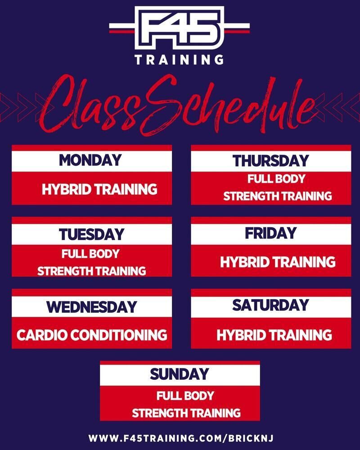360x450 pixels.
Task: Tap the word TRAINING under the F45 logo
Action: coord(180,60)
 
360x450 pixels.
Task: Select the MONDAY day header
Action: coord(90,160)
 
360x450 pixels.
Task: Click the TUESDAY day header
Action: coord(92,234)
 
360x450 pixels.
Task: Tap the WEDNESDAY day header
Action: coord(92,307)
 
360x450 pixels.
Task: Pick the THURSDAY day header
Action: coord(271,161)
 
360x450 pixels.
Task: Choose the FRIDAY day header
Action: coord(271,233)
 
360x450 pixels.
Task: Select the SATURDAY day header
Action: coord(271,305)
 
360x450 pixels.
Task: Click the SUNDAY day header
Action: coord(180,374)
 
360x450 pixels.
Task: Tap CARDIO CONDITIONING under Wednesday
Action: coord(92,335)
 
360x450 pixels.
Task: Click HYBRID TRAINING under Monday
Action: coord(99,189)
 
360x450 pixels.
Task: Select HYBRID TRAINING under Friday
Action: coord(278,262)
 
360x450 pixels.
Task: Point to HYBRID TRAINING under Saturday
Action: coord(274,335)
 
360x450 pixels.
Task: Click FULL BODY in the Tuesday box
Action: coord(90,254)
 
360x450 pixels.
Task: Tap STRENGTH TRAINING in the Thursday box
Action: coord(278,196)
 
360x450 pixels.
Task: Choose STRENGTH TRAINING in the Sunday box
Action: coord(186,413)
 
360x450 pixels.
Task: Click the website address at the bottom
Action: coord(181,438)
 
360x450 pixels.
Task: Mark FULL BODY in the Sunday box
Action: coord(185,396)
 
